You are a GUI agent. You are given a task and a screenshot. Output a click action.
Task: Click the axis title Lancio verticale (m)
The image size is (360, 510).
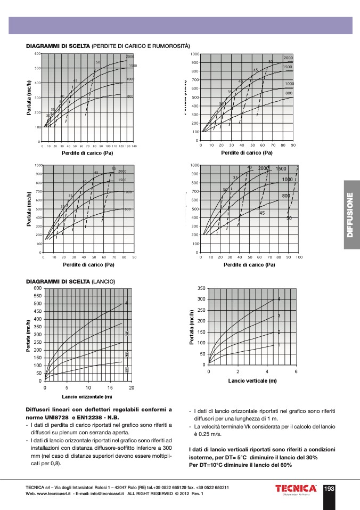pyautogui.click(x=252, y=381)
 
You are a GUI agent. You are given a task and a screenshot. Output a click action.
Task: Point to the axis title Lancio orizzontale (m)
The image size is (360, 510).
pyautogui.click(x=87, y=396)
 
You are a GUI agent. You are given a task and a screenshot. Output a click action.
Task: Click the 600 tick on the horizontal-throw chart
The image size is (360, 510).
pyautogui.click(x=37, y=288)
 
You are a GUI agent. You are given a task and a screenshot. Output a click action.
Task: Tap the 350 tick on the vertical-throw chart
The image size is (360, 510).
pyautogui.click(x=201, y=288)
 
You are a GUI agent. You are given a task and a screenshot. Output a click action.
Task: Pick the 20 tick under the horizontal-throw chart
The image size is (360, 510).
pyautogui.click(x=132, y=387)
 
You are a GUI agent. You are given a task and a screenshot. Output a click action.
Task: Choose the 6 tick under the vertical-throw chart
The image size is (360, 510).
pyautogui.click(x=296, y=371)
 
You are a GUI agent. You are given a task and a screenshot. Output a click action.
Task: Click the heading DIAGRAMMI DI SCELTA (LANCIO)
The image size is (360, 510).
pyautogui.click(x=71, y=281)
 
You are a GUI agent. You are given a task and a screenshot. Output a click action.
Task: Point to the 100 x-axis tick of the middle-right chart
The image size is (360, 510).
pyautogui.click(x=299, y=257)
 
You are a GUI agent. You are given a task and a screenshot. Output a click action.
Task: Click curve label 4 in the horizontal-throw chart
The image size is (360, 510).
pyautogui.click(x=126, y=303)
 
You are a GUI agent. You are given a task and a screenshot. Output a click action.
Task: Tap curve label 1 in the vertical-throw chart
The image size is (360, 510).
pyautogui.click(x=279, y=345)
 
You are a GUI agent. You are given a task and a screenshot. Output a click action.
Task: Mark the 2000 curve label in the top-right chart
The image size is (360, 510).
pyautogui.click(x=288, y=58)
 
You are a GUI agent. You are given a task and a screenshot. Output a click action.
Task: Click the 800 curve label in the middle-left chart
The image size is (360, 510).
pyautogui.click(x=128, y=209)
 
